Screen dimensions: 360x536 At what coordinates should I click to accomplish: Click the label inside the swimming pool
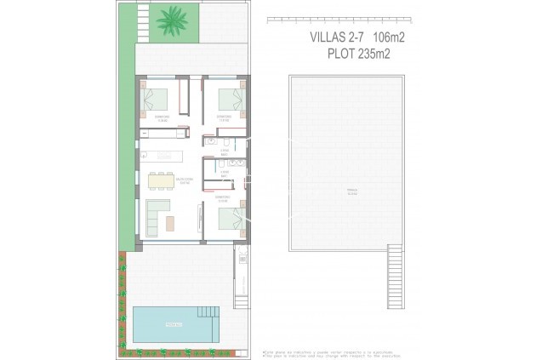(173, 323)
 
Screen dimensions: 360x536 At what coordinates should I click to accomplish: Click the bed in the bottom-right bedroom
(230, 219)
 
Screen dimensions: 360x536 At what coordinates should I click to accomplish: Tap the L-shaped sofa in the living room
(156, 216)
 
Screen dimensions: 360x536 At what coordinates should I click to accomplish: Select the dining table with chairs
(159, 180)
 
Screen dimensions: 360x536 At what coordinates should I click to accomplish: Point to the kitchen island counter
(167, 155)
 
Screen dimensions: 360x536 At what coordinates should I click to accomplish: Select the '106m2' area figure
(386, 37)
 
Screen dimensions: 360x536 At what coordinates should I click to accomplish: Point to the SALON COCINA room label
(185, 180)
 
